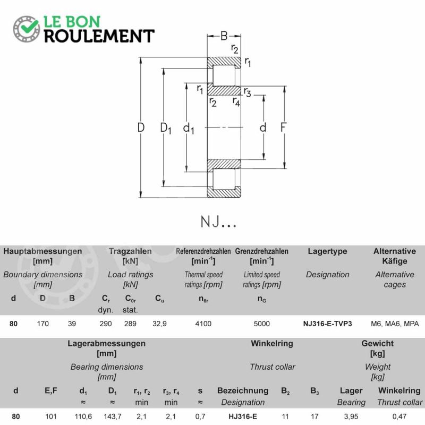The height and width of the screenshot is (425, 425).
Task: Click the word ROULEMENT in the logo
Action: pos(99,36)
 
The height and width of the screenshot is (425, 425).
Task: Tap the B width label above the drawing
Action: pos(224,36)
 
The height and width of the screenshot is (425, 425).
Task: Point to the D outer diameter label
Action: pos(141,127)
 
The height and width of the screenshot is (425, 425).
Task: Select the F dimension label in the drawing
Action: pos(283,127)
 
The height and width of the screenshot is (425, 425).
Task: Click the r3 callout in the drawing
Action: pos(247,92)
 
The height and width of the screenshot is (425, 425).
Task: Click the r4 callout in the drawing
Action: pos(236,102)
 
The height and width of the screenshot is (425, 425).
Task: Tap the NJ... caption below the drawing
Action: pos(218,222)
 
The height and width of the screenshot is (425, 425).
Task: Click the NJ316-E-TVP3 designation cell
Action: pos(327,324)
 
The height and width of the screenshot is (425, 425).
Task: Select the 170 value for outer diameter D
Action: pos(43,324)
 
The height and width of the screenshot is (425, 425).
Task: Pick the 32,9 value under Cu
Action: pos(160,324)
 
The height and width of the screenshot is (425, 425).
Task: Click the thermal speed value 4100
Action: pos(203,324)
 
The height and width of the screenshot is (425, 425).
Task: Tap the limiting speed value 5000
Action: pos(262,324)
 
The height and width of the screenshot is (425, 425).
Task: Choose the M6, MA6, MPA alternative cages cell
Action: pos(395,324)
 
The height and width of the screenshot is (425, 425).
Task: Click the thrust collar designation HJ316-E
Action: pos(243,416)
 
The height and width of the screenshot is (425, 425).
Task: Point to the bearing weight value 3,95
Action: pos(351,416)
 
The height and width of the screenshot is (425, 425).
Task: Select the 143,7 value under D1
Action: pos(113,416)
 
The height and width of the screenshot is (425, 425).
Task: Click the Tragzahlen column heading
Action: pos(130,251)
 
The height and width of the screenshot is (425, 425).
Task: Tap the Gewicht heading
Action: pos(378,343)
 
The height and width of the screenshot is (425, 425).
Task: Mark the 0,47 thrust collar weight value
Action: pos(399,416)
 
